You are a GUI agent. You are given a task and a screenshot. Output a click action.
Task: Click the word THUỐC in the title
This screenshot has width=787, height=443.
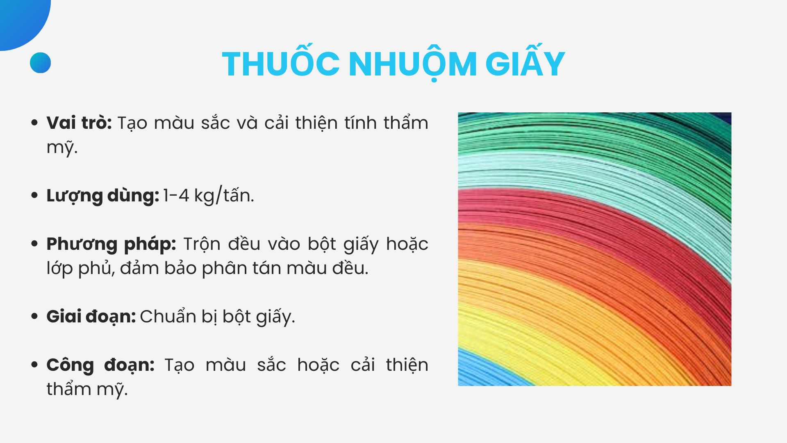(281, 64)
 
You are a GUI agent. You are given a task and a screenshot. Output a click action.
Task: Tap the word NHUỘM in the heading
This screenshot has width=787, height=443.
(413, 64)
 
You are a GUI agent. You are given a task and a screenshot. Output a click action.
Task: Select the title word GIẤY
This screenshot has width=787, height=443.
(525, 64)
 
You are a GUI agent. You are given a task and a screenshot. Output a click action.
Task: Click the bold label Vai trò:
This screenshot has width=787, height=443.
(79, 123)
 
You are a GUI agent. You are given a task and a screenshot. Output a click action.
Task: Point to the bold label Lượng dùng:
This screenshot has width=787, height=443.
(102, 196)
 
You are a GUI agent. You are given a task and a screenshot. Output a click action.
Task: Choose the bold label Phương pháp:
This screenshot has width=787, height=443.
(111, 244)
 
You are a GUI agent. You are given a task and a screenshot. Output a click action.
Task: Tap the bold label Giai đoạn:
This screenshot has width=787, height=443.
(91, 317)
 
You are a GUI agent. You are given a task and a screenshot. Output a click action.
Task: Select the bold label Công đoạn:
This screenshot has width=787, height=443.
(100, 365)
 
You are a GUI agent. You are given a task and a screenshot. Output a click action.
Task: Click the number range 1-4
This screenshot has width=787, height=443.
(176, 196)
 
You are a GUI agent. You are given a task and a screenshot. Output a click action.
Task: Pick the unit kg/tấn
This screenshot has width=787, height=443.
(224, 196)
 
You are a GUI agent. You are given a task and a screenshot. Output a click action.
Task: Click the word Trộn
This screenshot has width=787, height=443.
(202, 244)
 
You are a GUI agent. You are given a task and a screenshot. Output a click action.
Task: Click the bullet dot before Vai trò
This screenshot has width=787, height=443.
(34, 123)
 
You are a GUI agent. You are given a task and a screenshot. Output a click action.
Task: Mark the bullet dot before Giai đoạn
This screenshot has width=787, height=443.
(34, 316)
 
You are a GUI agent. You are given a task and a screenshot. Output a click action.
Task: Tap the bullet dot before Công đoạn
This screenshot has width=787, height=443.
(34, 365)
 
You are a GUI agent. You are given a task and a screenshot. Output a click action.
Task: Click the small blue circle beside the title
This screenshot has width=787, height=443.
(40, 63)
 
